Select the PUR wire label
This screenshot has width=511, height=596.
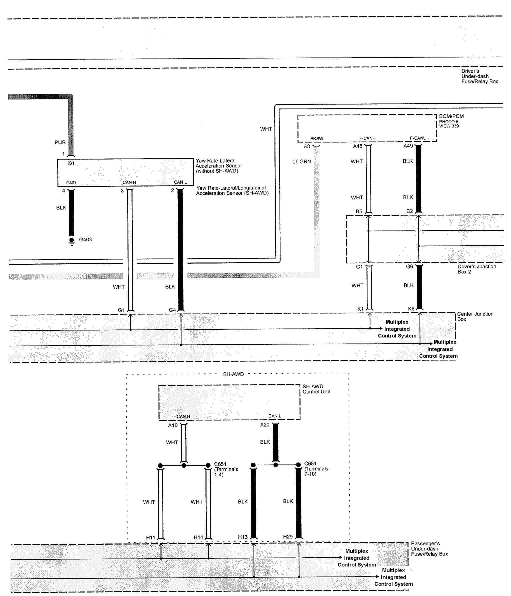60,142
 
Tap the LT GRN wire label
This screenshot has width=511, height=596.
301,162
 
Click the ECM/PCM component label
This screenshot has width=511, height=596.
451,116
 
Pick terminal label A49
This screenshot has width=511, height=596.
408,146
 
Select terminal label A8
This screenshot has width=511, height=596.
307,146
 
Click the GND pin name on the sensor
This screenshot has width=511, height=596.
71,183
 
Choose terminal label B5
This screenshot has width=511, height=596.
359,211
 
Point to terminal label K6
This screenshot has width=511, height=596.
411,309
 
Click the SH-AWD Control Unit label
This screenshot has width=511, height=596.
316,389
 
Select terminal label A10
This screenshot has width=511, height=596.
173,425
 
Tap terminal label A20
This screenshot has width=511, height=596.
265,425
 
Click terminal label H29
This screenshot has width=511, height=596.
288,537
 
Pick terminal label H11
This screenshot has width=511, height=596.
150,537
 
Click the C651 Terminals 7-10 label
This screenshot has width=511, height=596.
316,468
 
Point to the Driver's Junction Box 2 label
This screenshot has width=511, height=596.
477,269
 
